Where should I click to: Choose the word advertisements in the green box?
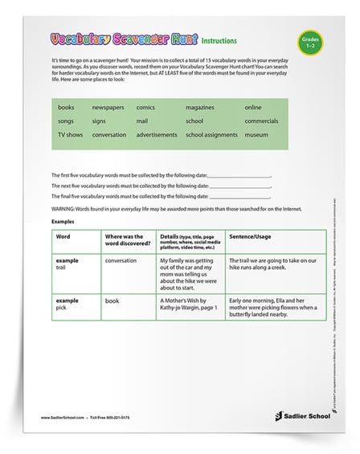pyautogui.click(x=157, y=135)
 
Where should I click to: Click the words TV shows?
pyautogui.click(x=70, y=135)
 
